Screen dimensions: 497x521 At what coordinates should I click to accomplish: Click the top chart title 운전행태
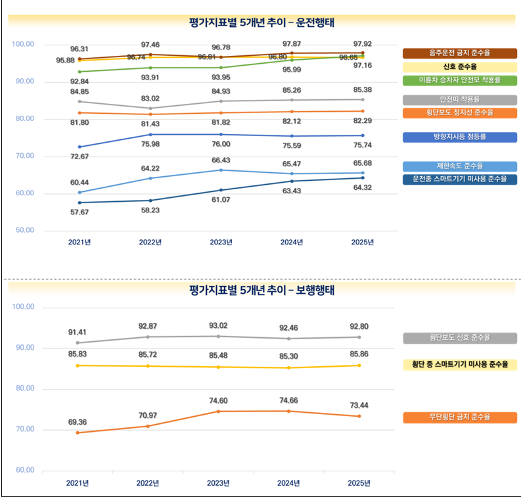coord(261,22)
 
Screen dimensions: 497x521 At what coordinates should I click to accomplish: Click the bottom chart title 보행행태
coord(261,289)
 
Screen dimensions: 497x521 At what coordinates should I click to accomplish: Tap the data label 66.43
coord(221,160)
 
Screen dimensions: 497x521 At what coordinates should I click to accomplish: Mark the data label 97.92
coord(362,44)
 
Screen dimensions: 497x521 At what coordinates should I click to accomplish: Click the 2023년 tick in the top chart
coord(221,242)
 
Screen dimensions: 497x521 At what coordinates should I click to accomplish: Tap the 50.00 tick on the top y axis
coord(24,231)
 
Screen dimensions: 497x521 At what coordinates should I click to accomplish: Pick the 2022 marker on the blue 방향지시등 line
coord(150,134)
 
